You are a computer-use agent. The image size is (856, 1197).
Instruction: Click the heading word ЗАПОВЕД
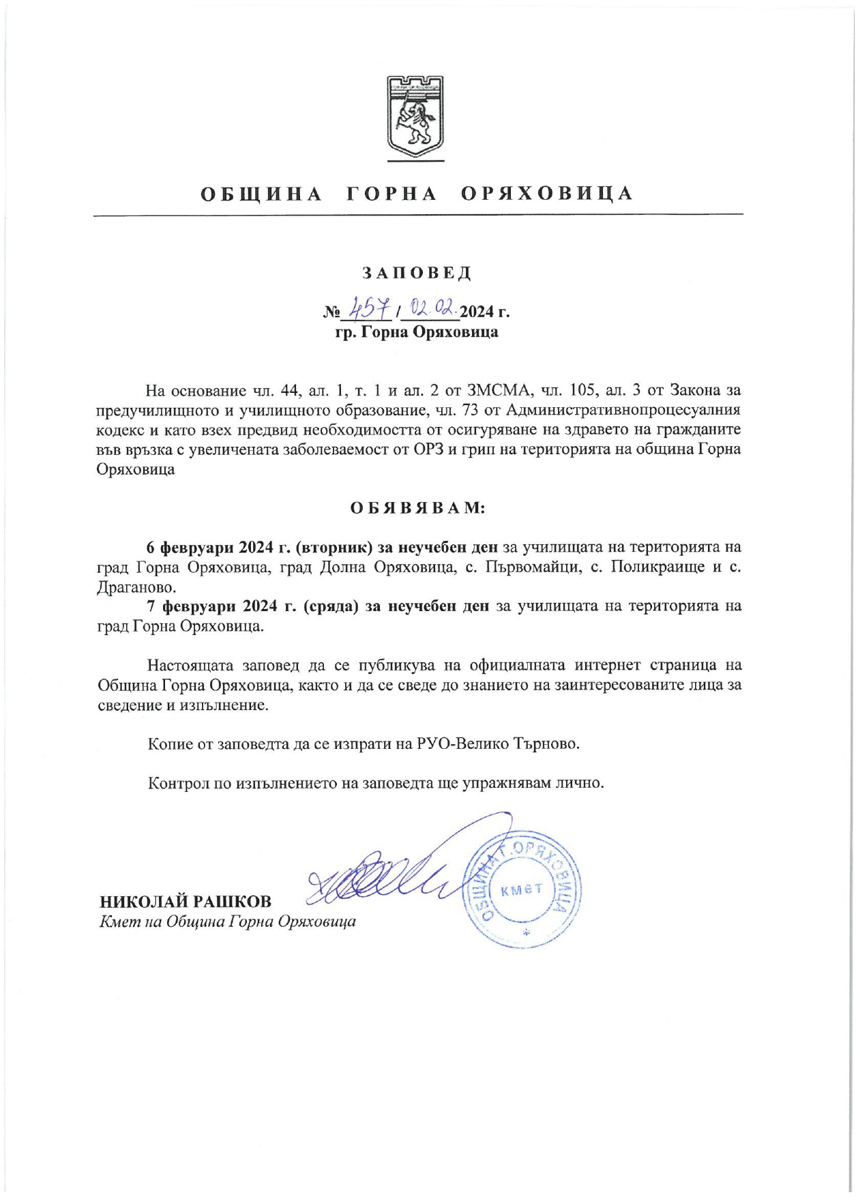416,274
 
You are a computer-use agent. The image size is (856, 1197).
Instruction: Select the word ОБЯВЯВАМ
417,508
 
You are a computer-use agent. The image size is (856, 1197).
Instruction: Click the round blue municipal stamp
523,889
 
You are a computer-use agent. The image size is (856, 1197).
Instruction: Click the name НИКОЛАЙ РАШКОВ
186,902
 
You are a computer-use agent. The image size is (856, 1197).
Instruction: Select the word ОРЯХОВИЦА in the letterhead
547,194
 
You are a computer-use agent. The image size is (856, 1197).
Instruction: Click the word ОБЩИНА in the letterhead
261,194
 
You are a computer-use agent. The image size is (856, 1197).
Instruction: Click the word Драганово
136,587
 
